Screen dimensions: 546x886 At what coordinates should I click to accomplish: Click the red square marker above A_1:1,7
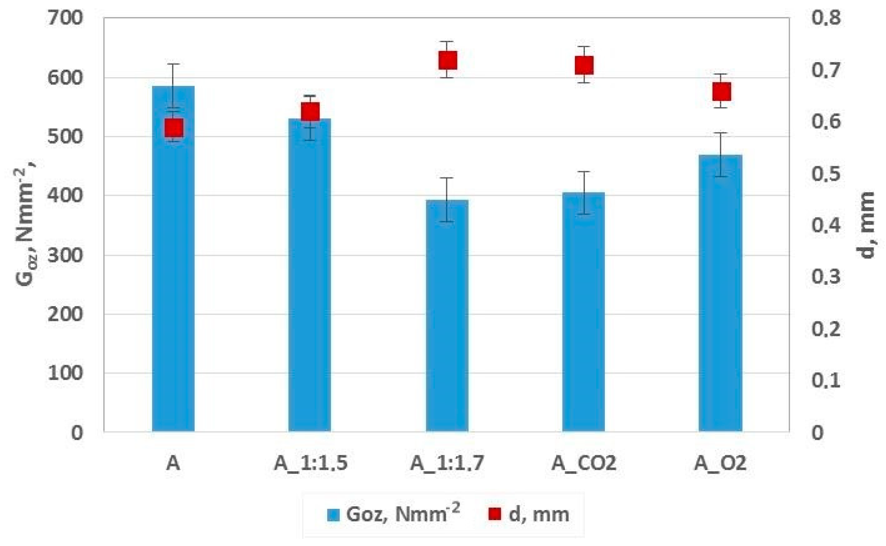tap(447, 60)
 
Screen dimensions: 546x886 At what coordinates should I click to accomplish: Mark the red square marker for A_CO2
tap(584, 65)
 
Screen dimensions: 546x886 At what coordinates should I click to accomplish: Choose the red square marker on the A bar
tap(174, 128)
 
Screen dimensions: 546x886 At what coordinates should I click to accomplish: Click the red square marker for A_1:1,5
tap(310, 111)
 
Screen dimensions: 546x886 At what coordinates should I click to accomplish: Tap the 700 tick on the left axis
tap(65, 18)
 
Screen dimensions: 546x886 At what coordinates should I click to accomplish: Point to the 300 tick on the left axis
tap(65, 255)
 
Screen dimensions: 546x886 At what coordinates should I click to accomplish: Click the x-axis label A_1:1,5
tap(311, 463)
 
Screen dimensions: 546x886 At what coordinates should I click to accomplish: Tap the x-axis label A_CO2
tap(584, 463)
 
